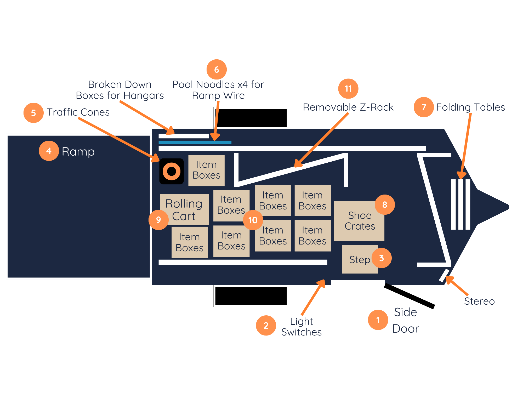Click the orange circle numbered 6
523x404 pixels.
pyautogui.click(x=217, y=70)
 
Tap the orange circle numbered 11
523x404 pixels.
pyautogui.click(x=348, y=89)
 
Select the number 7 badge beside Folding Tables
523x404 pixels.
pyautogui.click(x=424, y=107)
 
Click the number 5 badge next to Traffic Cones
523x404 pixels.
pyautogui.click(x=33, y=113)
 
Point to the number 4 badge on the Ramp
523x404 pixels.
pyautogui.click(x=49, y=151)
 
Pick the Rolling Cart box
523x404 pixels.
pyautogui.click(x=184, y=209)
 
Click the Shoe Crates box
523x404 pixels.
pyautogui.click(x=359, y=221)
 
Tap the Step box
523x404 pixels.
pyautogui.click(x=360, y=259)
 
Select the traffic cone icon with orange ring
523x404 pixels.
pyautogui.click(x=172, y=171)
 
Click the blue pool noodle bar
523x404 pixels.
pyautogui.click(x=195, y=142)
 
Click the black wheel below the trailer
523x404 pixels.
pyautogui.click(x=251, y=296)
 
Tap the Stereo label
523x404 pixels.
pyautogui.click(x=479, y=301)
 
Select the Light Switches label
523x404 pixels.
pyautogui.click(x=302, y=327)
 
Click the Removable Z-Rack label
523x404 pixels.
pyautogui.click(x=348, y=107)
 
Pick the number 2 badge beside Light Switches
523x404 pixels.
pyautogui.click(x=266, y=325)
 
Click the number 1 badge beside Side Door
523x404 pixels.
pyautogui.click(x=378, y=320)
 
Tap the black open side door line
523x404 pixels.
pyautogui.click(x=410, y=296)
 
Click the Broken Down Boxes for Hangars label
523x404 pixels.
pyautogui.click(x=120, y=90)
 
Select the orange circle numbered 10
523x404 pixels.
pyautogui.click(x=253, y=220)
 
